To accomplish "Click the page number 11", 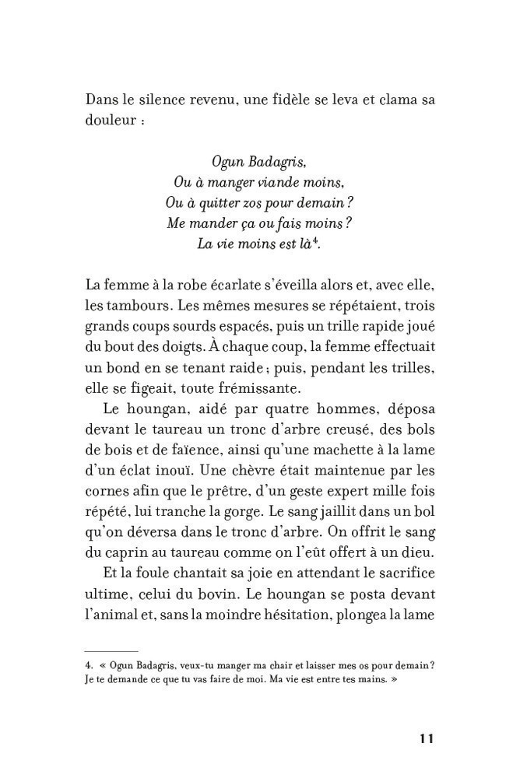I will (425, 738).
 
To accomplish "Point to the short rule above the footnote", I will (111, 650).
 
